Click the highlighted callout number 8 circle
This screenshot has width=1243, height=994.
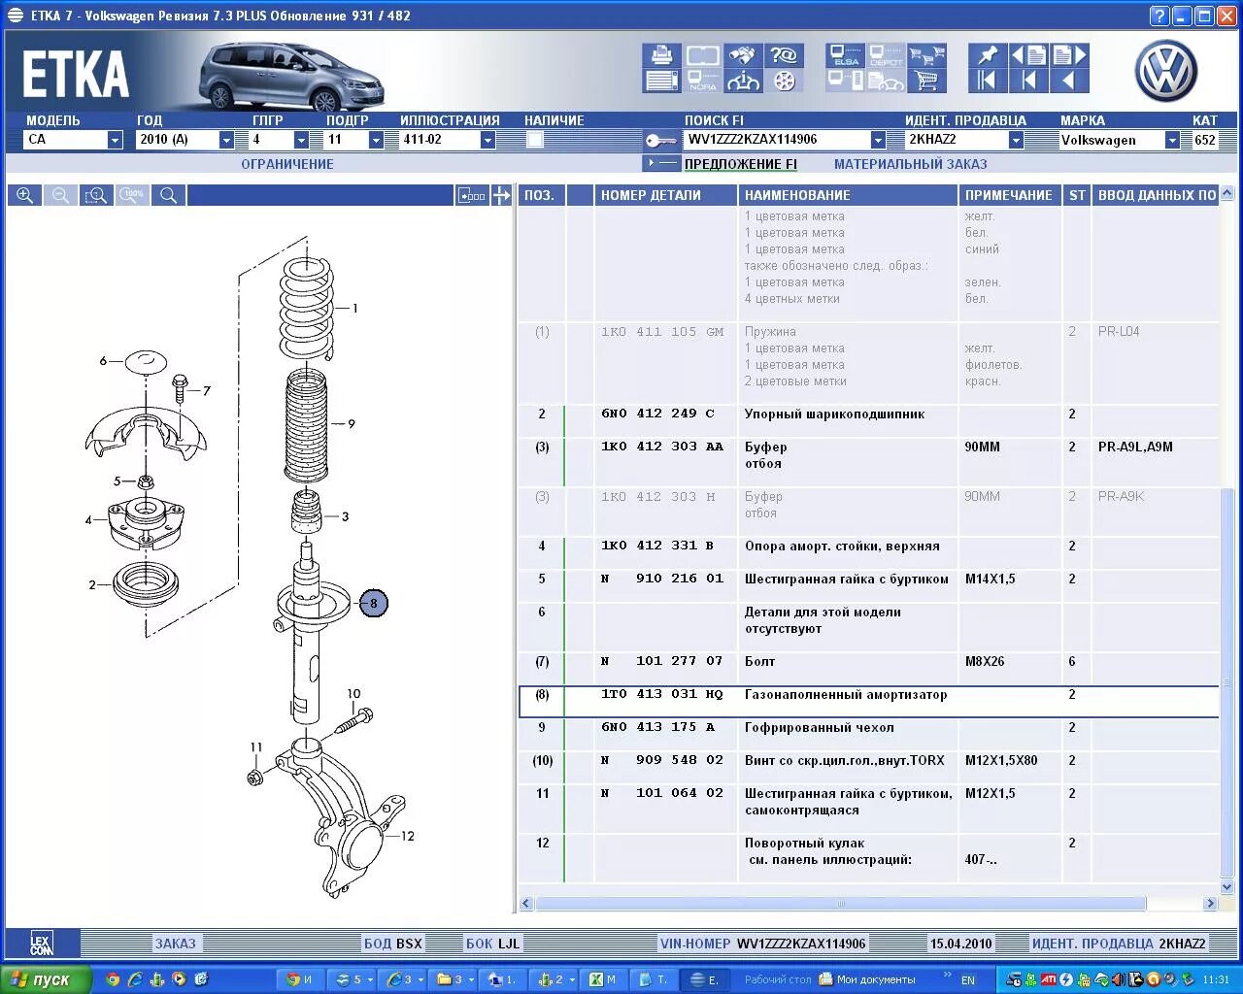[x=374, y=603]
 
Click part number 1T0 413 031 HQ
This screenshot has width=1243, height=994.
[x=661, y=695]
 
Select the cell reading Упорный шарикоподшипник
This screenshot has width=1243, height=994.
[x=834, y=414]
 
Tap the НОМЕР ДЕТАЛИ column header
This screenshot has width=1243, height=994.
[x=651, y=195]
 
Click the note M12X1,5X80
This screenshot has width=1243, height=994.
[x=1001, y=761]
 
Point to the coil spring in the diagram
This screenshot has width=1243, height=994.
[x=307, y=307]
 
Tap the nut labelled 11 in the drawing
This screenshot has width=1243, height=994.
[x=255, y=777]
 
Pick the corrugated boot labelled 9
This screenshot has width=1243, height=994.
[x=305, y=427]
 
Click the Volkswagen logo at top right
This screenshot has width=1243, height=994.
[x=1165, y=70]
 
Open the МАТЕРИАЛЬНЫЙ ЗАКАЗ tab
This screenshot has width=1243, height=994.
[x=910, y=164]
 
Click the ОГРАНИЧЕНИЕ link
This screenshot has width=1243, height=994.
[x=287, y=164]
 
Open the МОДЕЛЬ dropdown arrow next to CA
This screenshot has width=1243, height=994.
[x=115, y=140]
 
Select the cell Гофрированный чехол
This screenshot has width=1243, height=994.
[x=819, y=728]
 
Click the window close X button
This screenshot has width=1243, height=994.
[x=1228, y=16]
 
